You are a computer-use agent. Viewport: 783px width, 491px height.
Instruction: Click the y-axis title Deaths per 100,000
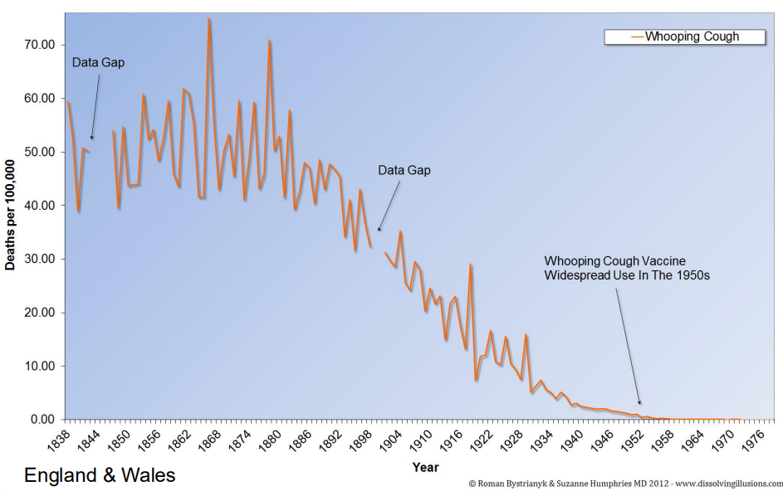point(11,216)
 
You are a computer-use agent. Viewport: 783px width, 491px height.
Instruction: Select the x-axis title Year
point(425,468)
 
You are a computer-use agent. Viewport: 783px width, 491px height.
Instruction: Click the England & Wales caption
point(100,476)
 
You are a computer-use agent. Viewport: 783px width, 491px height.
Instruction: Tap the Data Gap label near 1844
point(98,62)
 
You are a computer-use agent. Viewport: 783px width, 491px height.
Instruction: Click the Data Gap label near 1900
point(404,170)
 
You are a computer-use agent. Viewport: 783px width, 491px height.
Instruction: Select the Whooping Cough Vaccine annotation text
point(626,267)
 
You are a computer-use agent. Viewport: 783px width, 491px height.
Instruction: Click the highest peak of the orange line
point(208,18)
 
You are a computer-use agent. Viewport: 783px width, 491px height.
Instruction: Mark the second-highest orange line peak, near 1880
point(269,40)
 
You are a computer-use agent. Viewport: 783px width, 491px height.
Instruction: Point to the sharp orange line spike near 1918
point(471,265)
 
